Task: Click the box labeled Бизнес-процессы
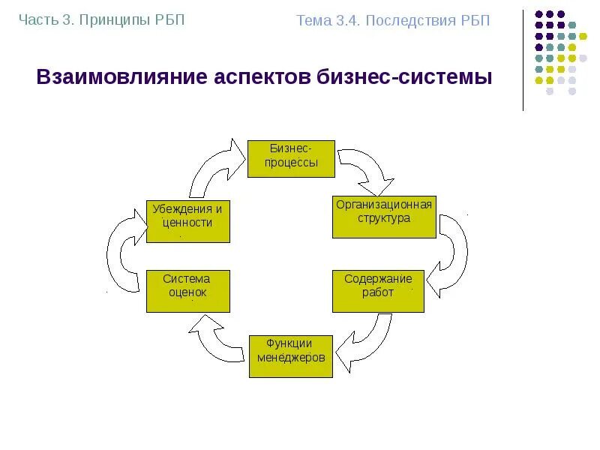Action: pyautogui.click(x=291, y=157)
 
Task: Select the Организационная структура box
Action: pyautogui.click(x=384, y=217)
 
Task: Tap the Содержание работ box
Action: pyautogui.click(x=378, y=291)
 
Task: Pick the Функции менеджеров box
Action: pyautogui.click(x=291, y=356)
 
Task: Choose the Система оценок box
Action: pyautogui.click(x=187, y=291)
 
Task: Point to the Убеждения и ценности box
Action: pyautogui.click(x=187, y=220)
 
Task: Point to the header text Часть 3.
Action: pyautogui.click(x=44, y=19)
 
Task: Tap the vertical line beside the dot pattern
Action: pyautogui.click(x=523, y=60)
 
